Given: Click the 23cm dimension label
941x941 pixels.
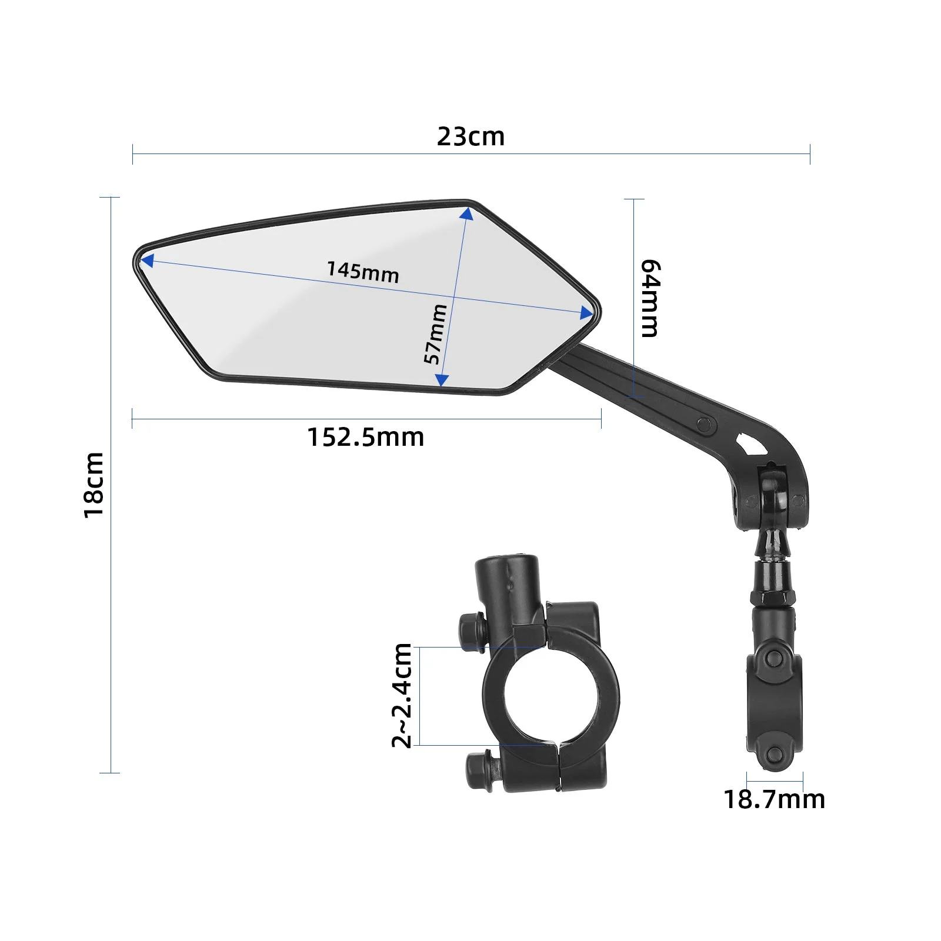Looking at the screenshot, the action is click(x=470, y=136).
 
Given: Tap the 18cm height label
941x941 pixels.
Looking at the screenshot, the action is click(x=94, y=485).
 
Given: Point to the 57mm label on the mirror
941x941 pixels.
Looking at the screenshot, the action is click(x=436, y=334).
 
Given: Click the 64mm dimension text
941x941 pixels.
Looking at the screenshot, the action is click(x=650, y=298).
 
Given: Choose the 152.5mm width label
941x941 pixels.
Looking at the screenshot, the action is click(x=366, y=438).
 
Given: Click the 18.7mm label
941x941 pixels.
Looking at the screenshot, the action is click(x=774, y=799).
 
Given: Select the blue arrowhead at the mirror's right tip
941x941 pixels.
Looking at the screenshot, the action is click(x=586, y=313).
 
